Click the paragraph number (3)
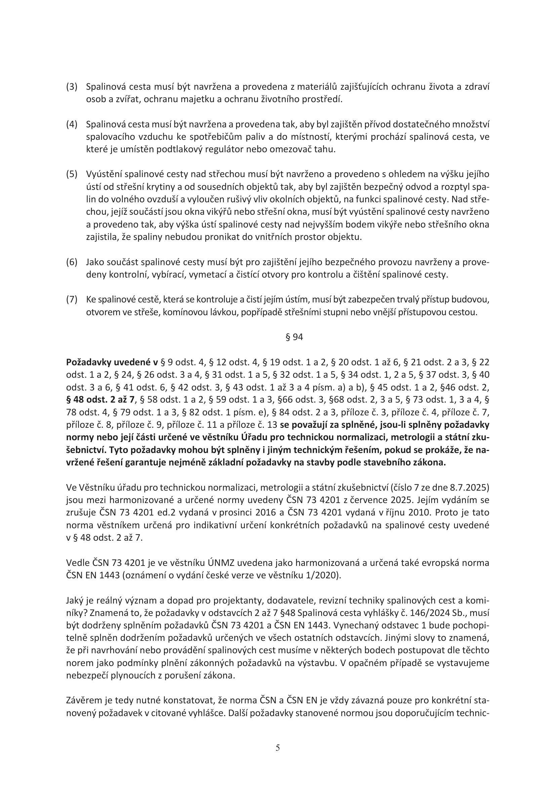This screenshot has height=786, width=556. [72, 87]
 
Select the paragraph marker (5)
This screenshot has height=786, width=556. [72, 174]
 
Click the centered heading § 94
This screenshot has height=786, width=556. [294, 337]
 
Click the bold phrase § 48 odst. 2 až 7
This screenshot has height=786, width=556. [101, 400]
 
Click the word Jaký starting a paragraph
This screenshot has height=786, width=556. [75, 601]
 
